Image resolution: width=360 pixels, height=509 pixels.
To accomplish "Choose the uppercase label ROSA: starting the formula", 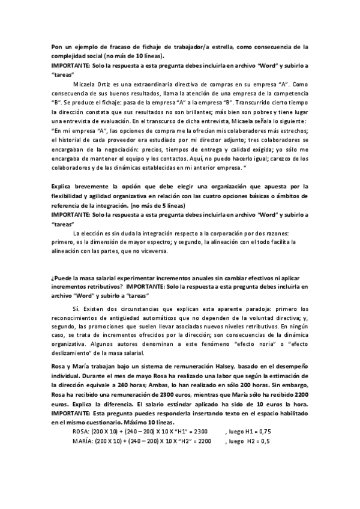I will [x=82, y=431].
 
